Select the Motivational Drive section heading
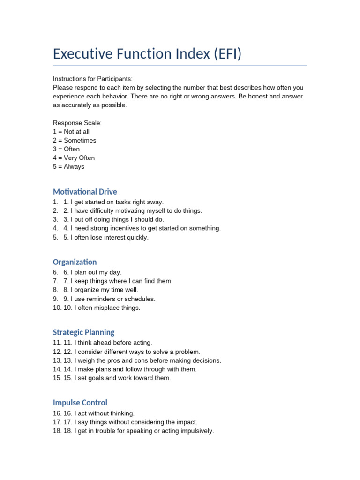point(85,192)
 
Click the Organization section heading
point(75,262)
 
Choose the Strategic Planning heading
point(83,332)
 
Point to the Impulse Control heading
point(80,403)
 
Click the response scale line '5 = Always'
point(68,166)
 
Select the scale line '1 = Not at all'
point(71,132)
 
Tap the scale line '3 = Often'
point(66,149)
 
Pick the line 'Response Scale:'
point(77,123)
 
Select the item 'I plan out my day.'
point(96,272)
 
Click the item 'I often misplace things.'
point(105,307)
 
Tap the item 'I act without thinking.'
point(104,413)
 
